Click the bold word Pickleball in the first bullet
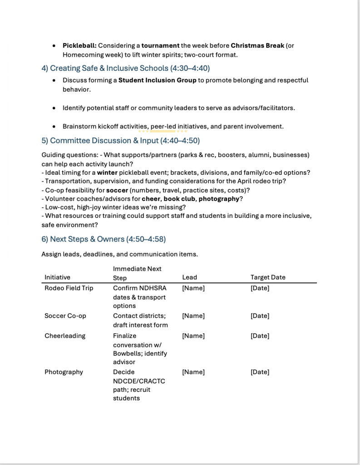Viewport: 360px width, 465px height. pos(79,46)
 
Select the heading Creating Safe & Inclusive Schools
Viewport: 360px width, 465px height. pos(125,68)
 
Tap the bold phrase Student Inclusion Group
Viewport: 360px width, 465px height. pos(158,80)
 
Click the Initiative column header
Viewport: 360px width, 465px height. pos(57,277)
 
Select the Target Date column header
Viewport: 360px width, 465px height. pos(268,277)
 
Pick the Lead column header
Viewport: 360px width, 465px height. pos(189,277)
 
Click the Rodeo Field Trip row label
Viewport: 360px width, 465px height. pos(69,288)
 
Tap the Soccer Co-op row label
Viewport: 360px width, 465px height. pos(65,316)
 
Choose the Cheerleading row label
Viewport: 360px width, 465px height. pos(64,336)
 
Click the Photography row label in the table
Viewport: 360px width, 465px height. pos(64,372)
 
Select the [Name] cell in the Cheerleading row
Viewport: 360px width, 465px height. pos(193,336)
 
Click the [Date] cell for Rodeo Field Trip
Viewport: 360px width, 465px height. pos(260,288)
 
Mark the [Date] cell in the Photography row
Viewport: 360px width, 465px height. pos(260,372)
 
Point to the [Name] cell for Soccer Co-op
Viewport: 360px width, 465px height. pos(193,316)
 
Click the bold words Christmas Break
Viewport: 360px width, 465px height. pos(257,46)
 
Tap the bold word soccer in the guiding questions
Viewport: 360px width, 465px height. pos(117,190)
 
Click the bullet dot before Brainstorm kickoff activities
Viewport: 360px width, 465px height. pos(54,126)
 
